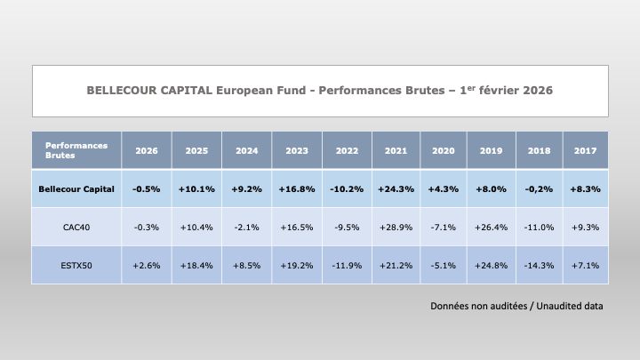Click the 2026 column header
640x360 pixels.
pos(147,150)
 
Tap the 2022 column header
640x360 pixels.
pos(347,150)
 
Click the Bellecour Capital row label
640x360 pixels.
pos(76,189)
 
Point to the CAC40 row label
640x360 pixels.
pos(76,228)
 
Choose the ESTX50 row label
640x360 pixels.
pos(76,265)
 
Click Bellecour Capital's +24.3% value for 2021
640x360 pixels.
pos(396,189)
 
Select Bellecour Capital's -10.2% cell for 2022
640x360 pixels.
pos(347,189)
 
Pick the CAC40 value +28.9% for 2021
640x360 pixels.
pos(396,228)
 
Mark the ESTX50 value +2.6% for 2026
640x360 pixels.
pos(147,265)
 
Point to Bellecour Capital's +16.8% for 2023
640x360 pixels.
pos(297,189)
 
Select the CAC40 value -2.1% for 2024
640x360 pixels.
pos(246,228)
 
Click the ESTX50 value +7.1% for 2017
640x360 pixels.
pos(585,265)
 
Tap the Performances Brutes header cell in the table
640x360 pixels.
pos(76,149)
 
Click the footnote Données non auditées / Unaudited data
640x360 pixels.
pos(516,306)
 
